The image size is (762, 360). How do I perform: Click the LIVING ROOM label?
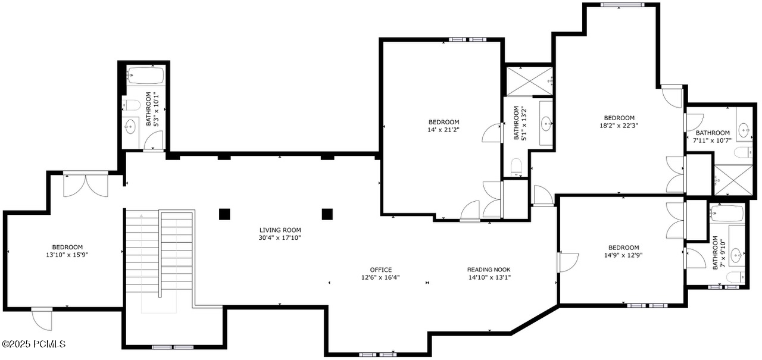280,230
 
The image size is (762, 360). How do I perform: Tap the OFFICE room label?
381,270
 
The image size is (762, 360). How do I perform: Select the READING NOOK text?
489,270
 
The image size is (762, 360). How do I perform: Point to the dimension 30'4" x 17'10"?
280,238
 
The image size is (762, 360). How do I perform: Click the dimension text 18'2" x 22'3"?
619,126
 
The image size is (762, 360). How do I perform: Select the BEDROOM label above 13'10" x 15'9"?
67,247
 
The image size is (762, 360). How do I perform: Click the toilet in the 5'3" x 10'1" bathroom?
132,105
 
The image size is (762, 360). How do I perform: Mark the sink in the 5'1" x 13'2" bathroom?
546,124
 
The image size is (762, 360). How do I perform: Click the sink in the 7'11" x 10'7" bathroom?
744,129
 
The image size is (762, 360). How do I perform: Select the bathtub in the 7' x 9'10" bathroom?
727,212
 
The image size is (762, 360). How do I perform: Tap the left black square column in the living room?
224,214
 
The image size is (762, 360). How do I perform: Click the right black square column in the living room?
327,214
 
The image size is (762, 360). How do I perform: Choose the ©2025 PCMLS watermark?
33,344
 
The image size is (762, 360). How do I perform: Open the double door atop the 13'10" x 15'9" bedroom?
86,184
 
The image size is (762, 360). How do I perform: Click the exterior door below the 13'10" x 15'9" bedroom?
42,320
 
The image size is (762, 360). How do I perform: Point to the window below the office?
378,355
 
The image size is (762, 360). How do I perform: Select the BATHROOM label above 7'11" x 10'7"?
713,133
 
